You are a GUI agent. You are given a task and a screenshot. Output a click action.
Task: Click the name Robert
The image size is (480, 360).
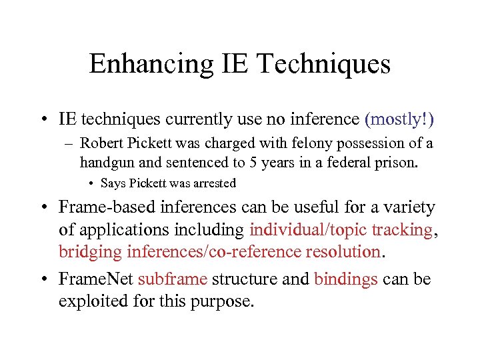point(101,143)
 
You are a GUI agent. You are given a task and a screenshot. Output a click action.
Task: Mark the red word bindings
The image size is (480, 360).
point(346,279)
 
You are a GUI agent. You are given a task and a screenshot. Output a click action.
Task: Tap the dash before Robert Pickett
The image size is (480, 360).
point(70,143)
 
